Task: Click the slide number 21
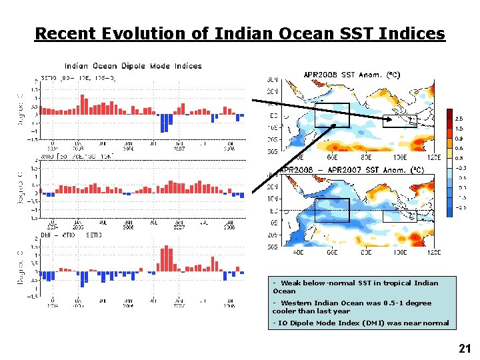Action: point(465,348)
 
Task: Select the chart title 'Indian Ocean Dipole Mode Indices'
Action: point(133,66)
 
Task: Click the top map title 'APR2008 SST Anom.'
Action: point(351,75)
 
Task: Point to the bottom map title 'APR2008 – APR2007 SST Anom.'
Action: point(351,170)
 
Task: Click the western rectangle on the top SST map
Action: point(332,115)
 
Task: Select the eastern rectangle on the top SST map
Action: point(399,121)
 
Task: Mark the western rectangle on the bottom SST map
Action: point(332,211)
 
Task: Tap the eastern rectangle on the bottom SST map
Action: point(399,216)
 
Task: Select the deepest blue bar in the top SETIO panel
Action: point(163,123)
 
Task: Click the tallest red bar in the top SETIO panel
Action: point(82,104)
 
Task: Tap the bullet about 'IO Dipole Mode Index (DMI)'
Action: point(361,323)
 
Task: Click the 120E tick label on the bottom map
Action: point(433,252)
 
